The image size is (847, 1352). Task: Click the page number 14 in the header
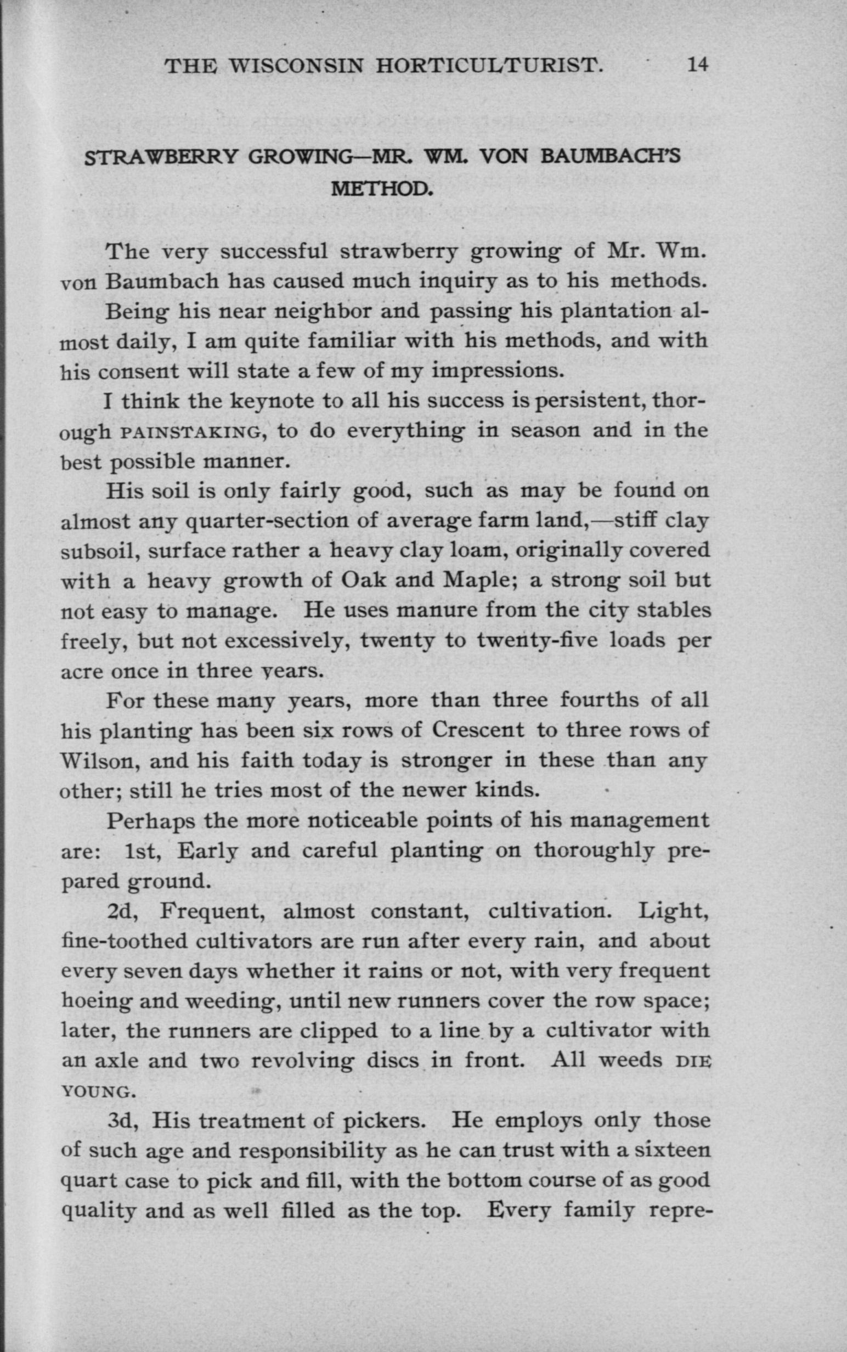click(x=697, y=65)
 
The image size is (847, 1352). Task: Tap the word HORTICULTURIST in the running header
click(x=489, y=66)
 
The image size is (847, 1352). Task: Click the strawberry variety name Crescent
click(x=478, y=731)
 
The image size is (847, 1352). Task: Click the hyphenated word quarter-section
click(x=266, y=522)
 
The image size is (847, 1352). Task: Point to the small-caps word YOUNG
click(x=98, y=1092)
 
